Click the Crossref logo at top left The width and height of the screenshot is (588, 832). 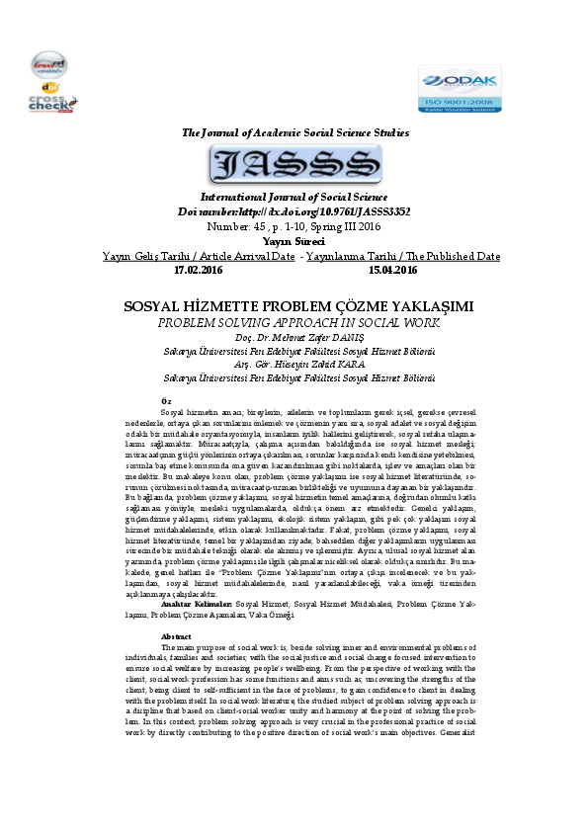[x=49, y=66]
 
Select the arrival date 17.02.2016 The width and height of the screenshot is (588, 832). [x=198, y=269]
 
